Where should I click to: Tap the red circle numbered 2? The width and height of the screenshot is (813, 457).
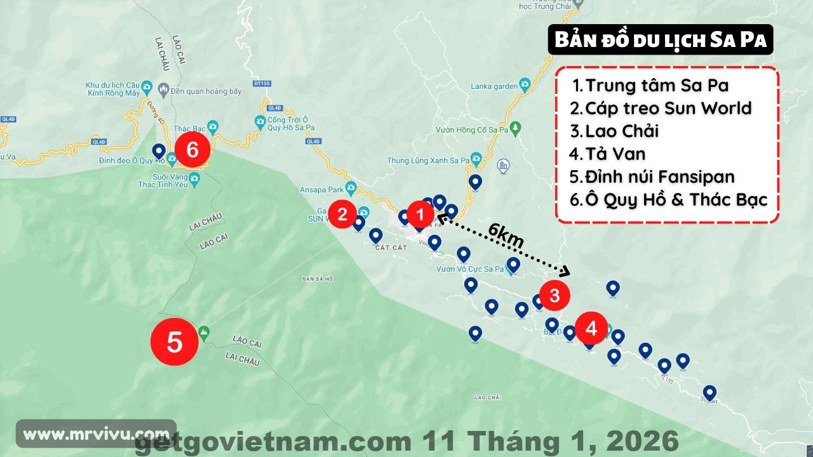[x=342, y=214]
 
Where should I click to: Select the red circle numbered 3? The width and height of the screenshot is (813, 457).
[x=554, y=295]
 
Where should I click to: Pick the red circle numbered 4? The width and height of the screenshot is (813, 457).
[x=591, y=328]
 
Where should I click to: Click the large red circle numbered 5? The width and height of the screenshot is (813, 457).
[x=175, y=342]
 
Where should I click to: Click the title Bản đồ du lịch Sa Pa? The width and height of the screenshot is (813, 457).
[x=661, y=40]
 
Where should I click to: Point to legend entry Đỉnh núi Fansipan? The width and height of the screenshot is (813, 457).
[x=660, y=176]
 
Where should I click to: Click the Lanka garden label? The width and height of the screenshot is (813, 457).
[x=494, y=86]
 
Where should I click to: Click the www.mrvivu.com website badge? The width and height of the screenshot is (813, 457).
[x=95, y=435]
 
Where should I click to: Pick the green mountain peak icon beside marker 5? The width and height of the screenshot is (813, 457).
[x=204, y=331]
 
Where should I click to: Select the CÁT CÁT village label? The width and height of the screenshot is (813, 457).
[x=391, y=248]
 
